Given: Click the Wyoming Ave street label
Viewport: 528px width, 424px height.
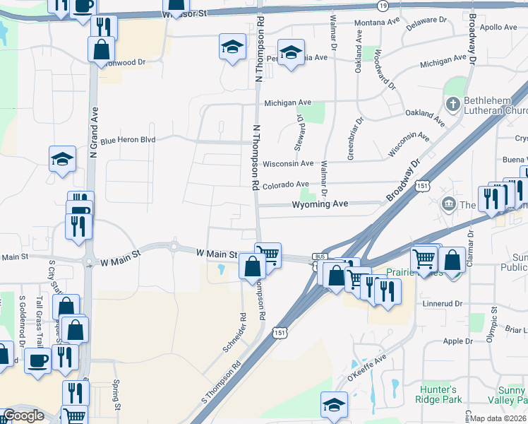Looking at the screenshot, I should (x=321, y=204).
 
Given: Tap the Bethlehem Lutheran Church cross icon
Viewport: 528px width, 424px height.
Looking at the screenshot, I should (x=452, y=105).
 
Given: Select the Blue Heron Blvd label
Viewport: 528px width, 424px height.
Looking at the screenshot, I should (x=128, y=140).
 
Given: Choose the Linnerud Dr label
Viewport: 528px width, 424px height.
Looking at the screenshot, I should (x=442, y=304).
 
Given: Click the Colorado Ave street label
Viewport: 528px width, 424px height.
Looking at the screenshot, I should (x=286, y=186).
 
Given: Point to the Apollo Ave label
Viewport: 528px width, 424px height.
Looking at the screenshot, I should (x=500, y=28).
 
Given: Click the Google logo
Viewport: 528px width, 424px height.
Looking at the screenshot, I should (x=23, y=416).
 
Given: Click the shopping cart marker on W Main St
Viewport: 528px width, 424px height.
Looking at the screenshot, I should (x=268, y=253).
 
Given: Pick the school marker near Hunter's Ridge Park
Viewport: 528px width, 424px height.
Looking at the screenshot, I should (x=335, y=404).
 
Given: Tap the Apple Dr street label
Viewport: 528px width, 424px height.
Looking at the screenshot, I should (x=457, y=341).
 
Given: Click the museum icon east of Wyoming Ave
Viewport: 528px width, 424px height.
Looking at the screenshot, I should (x=448, y=205).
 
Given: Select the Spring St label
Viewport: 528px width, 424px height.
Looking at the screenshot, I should (x=116, y=395).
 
